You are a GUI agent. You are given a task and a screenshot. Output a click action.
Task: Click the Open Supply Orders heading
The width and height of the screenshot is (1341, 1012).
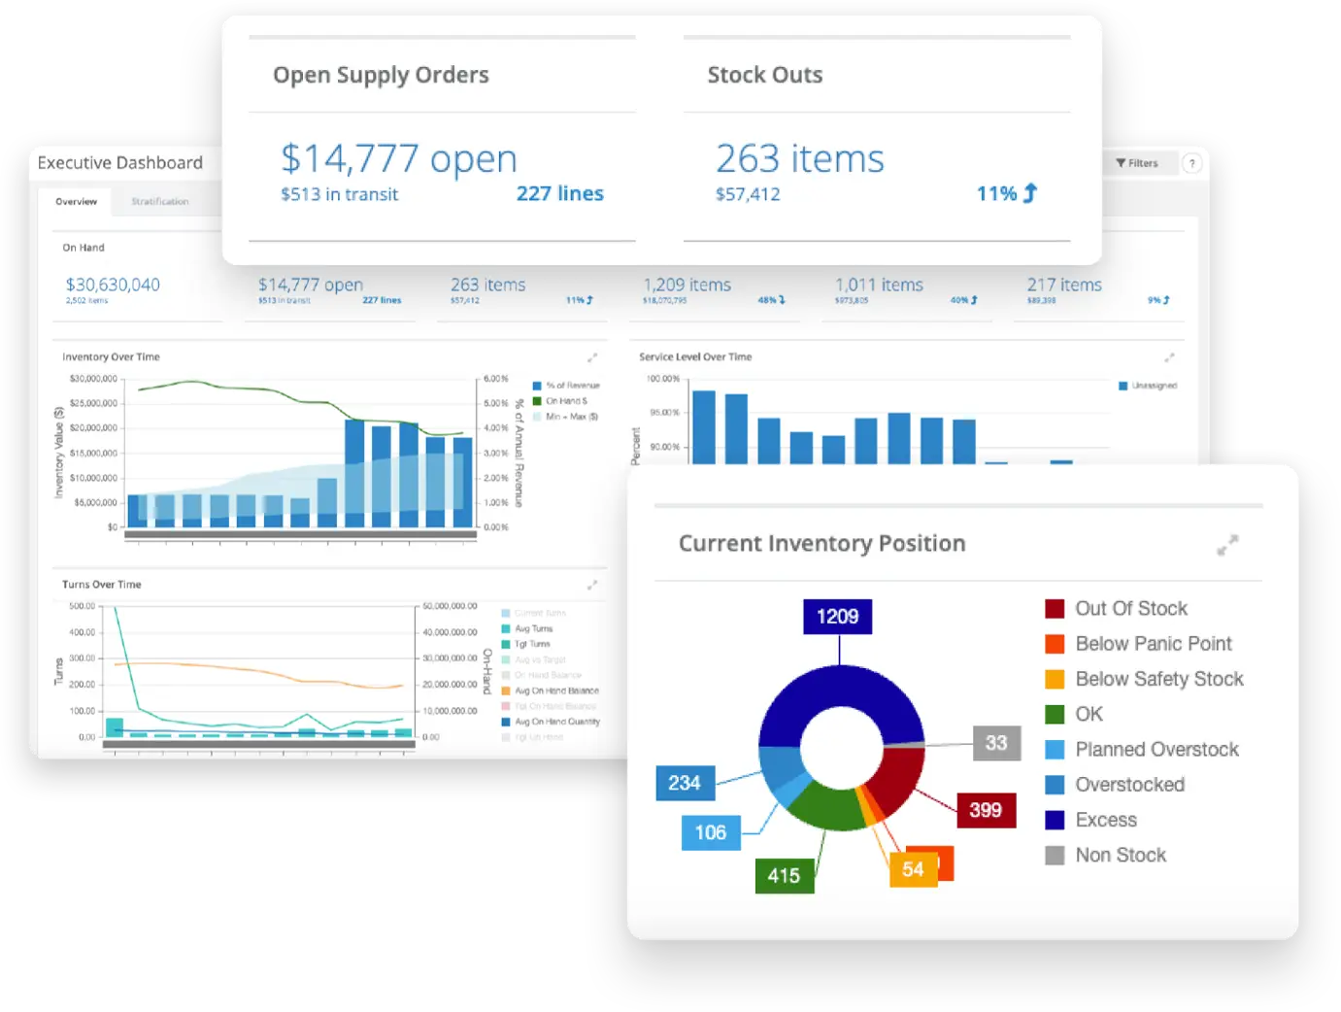(381, 75)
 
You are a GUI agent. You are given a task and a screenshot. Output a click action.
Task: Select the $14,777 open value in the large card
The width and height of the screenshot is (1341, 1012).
(398, 158)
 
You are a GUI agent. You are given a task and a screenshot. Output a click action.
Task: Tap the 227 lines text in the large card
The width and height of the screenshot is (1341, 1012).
(559, 193)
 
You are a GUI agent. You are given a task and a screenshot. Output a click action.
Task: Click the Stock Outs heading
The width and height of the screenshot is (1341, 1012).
(764, 75)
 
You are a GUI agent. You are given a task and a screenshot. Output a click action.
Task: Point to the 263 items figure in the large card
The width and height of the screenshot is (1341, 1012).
(799, 158)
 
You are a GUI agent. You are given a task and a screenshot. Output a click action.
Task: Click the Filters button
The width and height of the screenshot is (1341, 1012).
(1137, 163)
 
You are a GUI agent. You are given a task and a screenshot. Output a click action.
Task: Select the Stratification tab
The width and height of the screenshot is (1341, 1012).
(160, 202)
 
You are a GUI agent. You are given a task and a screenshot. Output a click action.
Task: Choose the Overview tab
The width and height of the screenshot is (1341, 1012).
(76, 202)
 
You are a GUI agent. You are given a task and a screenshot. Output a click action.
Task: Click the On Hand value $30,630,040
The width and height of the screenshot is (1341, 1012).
(113, 285)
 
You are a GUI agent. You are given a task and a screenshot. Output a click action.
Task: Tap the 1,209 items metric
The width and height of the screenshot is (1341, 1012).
(687, 285)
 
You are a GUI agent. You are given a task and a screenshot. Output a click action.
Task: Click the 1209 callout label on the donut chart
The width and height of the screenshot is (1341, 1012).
(837, 617)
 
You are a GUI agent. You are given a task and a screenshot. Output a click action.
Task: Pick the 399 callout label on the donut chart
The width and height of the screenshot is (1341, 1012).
(985, 810)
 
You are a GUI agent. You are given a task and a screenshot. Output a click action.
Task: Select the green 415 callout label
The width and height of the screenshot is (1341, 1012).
(784, 875)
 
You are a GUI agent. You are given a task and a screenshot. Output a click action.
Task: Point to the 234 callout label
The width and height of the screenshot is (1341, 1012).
(684, 783)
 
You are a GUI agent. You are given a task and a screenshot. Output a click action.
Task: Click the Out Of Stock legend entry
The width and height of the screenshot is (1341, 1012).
(1130, 609)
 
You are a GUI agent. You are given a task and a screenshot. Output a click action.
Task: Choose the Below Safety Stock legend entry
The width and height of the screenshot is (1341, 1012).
(1158, 679)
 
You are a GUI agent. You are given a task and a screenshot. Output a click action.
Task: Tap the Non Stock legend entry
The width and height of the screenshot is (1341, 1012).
(1120, 855)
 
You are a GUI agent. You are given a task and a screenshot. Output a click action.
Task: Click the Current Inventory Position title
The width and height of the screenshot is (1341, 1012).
(821, 543)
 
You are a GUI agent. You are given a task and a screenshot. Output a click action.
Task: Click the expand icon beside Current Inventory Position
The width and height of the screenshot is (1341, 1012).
(1227, 545)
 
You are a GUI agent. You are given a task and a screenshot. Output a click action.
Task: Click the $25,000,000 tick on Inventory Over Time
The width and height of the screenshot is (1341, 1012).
(93, 403)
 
